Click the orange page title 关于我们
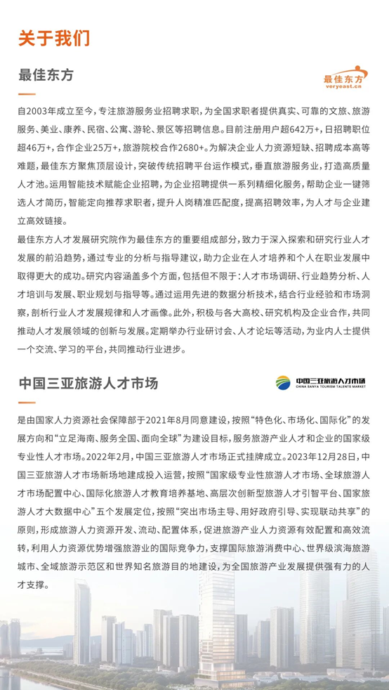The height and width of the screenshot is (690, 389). pos(54,37)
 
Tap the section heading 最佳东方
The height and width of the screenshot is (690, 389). pos(46,74)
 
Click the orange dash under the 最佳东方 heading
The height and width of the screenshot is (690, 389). pos(26,93)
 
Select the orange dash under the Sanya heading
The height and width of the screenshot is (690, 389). pos(26,403)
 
